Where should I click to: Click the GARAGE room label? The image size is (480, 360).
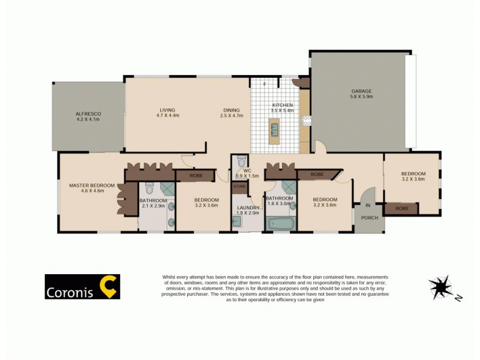[x=362, y=94]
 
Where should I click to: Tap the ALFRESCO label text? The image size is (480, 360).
[x=88, y=116]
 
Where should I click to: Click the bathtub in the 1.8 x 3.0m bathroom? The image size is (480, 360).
[x=280, y=225]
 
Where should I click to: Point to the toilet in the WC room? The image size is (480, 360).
[x=241, y=161]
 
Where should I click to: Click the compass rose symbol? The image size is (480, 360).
[x=441, y=287]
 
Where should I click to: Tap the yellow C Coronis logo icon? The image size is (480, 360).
[x=108, y=287]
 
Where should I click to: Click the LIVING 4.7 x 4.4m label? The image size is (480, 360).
[x=167, y=113]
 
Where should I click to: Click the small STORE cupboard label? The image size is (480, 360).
[x=240, y=187]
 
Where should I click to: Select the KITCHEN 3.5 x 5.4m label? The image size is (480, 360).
[x=282, y=108]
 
